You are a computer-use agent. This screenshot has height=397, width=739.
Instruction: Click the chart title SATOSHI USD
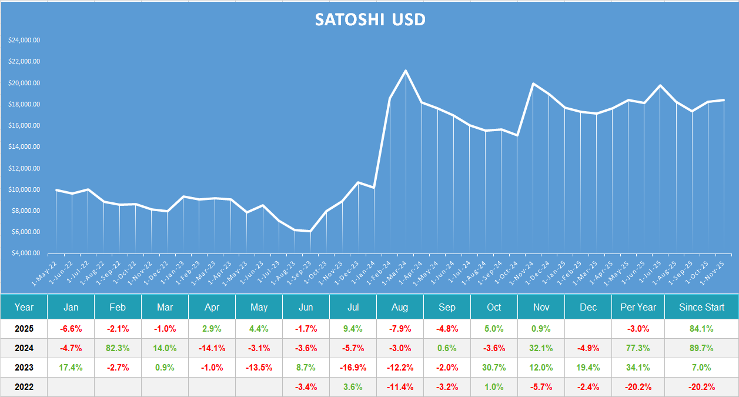[x=370, y=19]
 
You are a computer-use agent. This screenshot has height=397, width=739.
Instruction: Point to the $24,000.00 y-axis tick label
[x=24, y=40]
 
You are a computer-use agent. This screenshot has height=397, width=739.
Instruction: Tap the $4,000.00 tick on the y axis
[x=24, y=253]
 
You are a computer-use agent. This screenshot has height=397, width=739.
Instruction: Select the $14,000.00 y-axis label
[x=24, y=147]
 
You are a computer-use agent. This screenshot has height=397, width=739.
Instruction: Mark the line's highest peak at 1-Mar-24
[x=406, y=71]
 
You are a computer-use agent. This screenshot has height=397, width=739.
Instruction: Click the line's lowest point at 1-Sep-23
[x=310, y=231]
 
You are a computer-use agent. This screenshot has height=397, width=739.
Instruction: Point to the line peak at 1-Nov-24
[x=533, y=84]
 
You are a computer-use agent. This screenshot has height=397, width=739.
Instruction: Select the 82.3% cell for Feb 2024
[x=118, y=348]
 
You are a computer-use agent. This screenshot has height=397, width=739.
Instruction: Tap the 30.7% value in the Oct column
[x=494, y=368]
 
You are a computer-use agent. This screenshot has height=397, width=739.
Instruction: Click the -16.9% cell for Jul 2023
[x=353, y=368]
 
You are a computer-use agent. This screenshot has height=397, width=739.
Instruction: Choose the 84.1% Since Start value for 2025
[x=701, y=329]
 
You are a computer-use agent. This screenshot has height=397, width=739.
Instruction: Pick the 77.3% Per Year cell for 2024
[x=638, y=348]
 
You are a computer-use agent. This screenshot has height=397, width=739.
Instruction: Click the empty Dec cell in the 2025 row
[x=588, y=329]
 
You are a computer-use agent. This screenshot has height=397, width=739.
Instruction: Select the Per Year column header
[x=638, y=307]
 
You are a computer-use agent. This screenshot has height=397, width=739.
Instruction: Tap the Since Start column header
[x=701, y=307]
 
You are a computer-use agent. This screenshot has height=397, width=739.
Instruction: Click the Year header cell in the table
[x=24, y=307]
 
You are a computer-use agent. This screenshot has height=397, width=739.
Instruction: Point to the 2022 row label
[x=24, y=387]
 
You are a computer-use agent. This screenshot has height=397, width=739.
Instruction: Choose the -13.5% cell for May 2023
[x=259, y=368]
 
